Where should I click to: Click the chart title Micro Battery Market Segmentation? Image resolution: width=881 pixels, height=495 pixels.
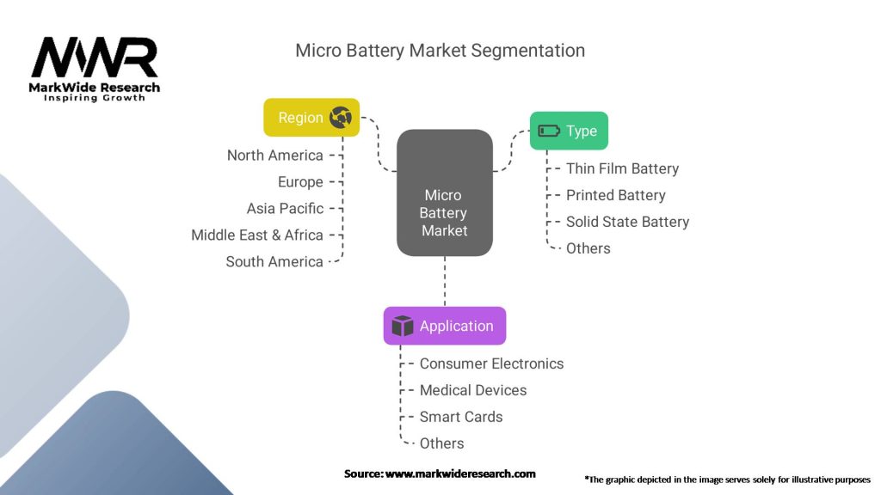tap(440, 51)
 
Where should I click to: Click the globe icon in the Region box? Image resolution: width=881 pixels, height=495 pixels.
tap(341, 118)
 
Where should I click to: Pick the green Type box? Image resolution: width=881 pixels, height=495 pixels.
tap(568, 131)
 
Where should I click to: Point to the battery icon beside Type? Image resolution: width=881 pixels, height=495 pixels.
tap(548, 131)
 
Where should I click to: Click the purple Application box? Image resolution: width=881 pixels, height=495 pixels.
tap(444, 326)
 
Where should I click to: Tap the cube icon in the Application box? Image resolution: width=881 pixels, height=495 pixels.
tap(402, 326)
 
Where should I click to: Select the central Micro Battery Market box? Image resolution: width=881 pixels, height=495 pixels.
tap(444, 192)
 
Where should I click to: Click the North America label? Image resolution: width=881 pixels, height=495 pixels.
tap(275, 156)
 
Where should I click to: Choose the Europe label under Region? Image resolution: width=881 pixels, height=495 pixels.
tap(300, 182)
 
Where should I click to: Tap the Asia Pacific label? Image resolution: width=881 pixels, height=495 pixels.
tap(286, 209)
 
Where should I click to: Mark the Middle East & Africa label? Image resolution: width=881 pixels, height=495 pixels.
tap(257, 235)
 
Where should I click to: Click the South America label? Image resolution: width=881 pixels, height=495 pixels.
tap(274, 262)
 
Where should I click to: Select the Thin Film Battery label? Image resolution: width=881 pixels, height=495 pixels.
tap(622, 168)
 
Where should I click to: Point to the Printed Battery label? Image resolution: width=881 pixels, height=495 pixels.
tap(615, 195)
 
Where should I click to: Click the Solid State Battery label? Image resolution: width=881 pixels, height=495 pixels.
tap(627, 222)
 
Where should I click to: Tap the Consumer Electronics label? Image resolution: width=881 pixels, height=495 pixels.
tap(491, 364)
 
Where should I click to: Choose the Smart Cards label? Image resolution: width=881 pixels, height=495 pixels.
tap(461, 417)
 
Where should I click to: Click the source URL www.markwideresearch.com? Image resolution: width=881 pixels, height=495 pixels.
tap(459, 474)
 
